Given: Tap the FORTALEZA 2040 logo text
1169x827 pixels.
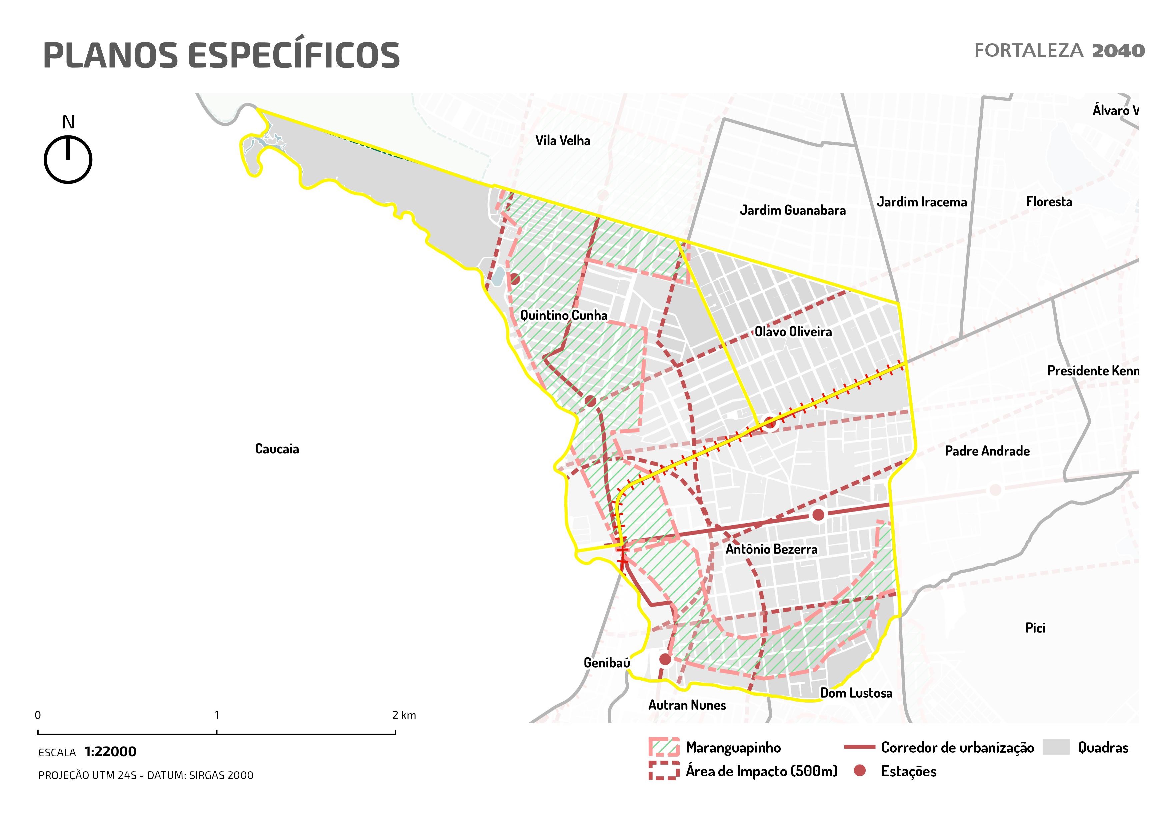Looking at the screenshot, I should coord(1059,51).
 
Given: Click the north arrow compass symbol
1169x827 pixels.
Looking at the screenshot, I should coord(68,159).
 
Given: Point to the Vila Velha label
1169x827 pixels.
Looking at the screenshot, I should coord(563,140).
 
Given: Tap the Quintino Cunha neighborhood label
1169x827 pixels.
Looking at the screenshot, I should coord(564,315).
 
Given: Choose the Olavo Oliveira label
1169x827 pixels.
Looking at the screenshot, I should coord(793,331).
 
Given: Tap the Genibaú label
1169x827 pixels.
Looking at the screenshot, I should coord(606,663).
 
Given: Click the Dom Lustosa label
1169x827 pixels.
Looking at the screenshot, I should coord(856,693).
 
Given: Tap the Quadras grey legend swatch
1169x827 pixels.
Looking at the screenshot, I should coord(1056,747).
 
